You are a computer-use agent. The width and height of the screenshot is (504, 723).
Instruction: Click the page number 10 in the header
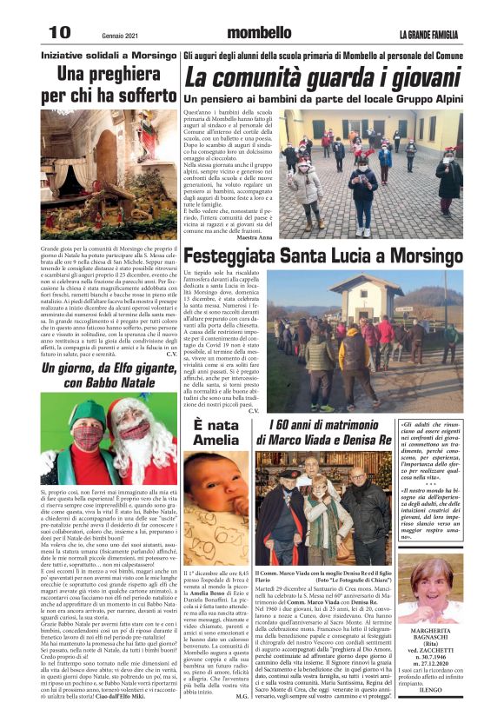(x=58, y=30)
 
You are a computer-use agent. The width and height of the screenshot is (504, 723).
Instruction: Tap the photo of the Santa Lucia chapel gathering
(x=393, y=339)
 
